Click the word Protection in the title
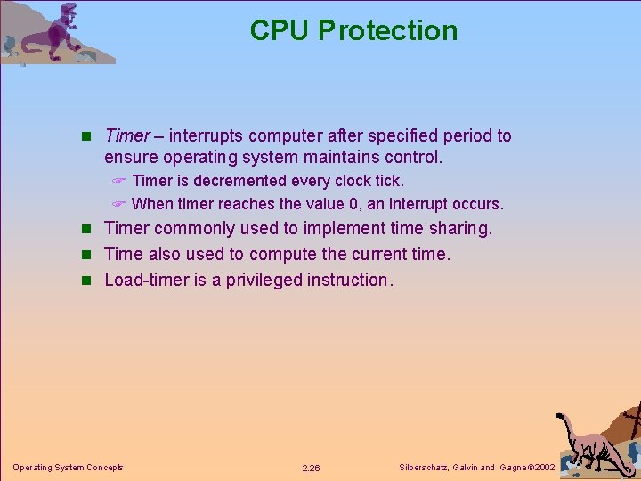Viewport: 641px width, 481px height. click(387, 30)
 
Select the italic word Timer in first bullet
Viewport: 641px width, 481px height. click(126, 135)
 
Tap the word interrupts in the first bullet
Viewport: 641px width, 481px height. click(207, 135)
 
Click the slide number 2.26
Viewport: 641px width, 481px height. click(311, 468)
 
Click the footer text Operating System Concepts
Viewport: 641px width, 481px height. click(68, 468)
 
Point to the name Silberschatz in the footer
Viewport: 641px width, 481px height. click(423, 468)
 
